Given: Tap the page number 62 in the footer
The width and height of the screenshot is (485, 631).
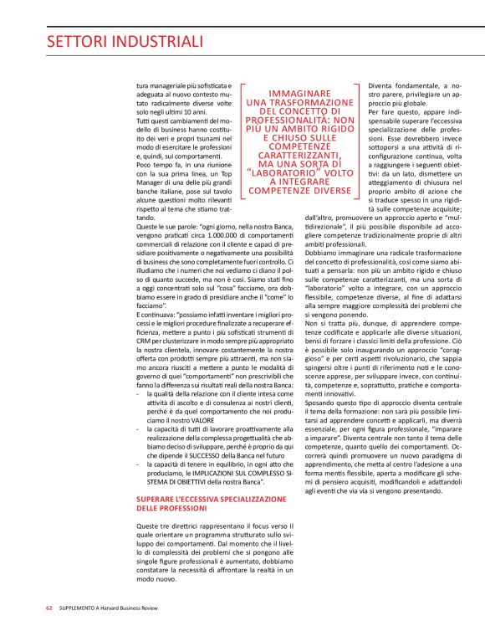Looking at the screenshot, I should pyautogui.click(x=50, y=609).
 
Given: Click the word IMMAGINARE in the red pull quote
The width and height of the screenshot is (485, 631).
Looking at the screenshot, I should pyautogui.click(x=299, y=95).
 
